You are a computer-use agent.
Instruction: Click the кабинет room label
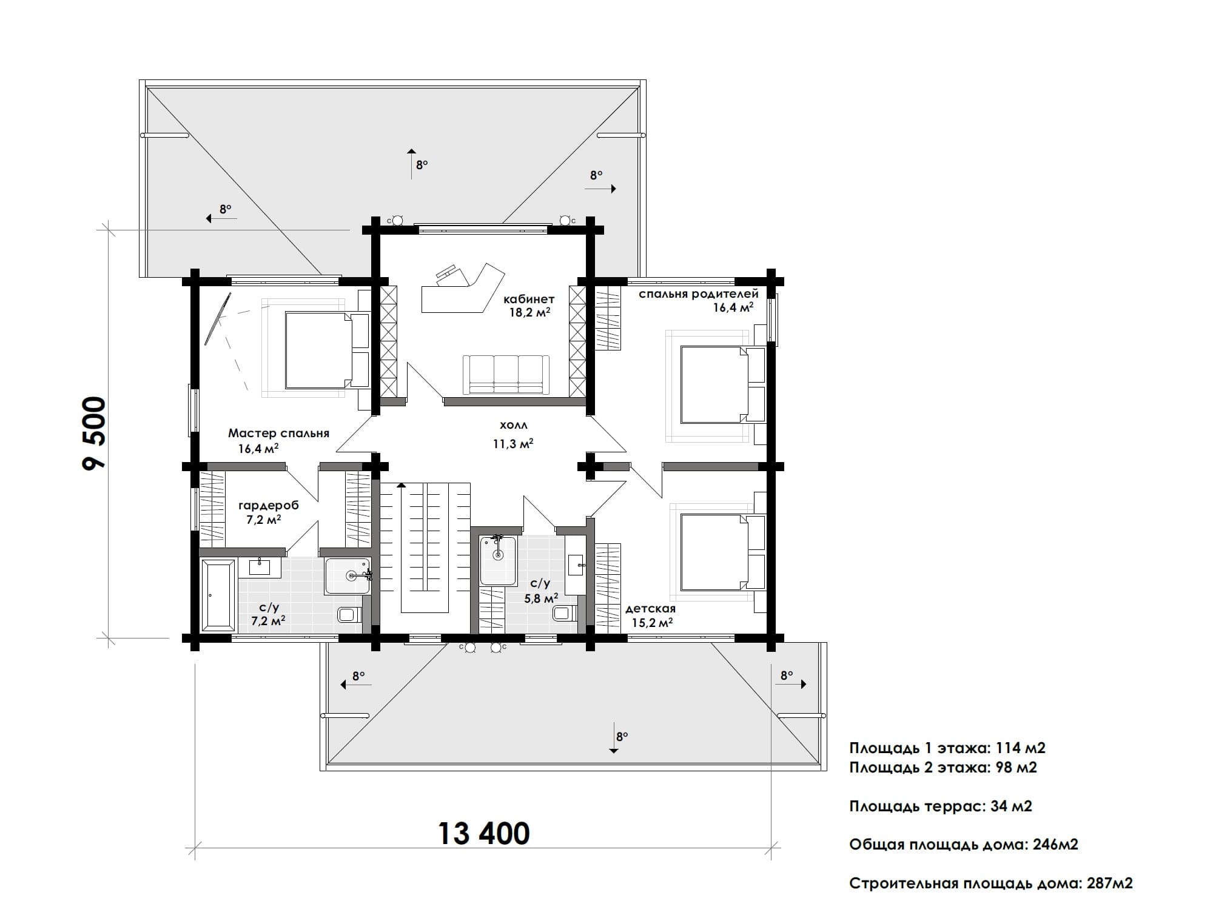pos(529,299)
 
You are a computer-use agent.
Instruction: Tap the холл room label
pos(513,426)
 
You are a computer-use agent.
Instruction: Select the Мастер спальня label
pos(278,433)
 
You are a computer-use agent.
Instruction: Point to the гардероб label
pos(268,505)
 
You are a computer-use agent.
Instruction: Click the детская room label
pos(650,608)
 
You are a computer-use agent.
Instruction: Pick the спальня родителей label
pos(698,294)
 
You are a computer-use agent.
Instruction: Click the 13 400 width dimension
pos(483,833)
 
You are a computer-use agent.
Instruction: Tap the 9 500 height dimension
pos(95,433)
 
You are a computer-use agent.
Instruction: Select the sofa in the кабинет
pos(506,375)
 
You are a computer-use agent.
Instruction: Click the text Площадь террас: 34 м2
pos(940,806)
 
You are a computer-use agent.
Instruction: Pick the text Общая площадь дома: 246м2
pos(963,845)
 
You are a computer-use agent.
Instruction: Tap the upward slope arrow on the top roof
pos(411,164)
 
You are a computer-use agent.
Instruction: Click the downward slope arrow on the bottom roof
pos(613,737)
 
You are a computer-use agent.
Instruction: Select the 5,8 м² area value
pos(541,598)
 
